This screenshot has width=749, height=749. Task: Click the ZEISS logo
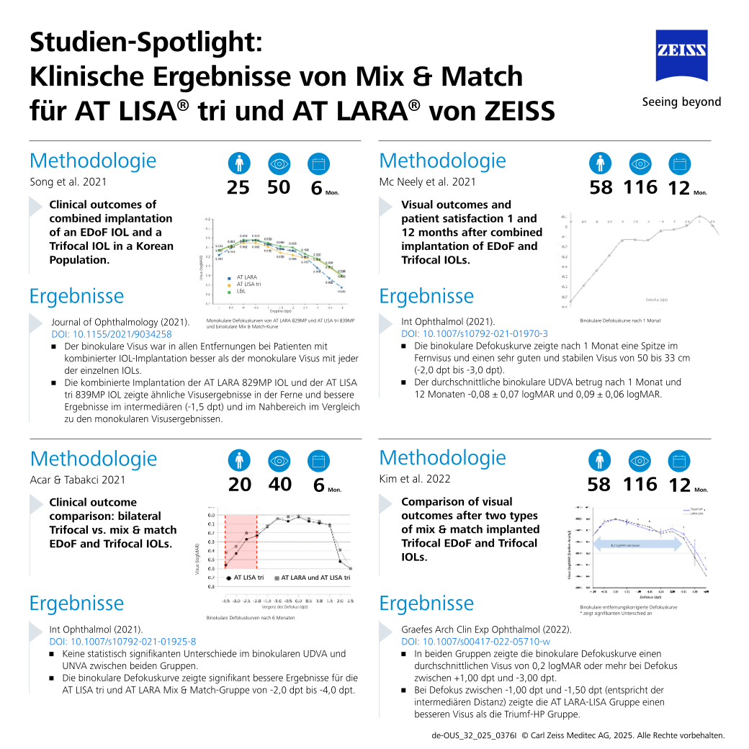pyautogui.click(x=681, y=56)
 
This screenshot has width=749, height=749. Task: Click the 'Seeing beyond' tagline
pyautogui.click(x=681, y=102)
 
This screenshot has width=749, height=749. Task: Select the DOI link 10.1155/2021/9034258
pyautogui.click(x=112, y=334)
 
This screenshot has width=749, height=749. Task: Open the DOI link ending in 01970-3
pyautogui.click(x=474, y=333)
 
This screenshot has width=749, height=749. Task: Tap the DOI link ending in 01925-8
pyautogui.click(x=122, y=641)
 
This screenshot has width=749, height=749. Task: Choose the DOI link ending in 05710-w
pyautogui.click(x=475, y=641)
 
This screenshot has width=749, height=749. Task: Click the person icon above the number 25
pyautogui.click(x=238, y=164)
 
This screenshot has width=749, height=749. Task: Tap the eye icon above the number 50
pyautogui.click(x=278, y=164)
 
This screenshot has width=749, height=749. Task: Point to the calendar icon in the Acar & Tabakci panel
pyautogui.click(x=318, y=461)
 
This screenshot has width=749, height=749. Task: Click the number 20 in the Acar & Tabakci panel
pyautogui.click(x=240, y=485)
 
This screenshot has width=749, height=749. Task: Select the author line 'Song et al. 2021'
pyautogui.click(x=66, y=182)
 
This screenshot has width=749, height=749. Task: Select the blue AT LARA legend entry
pyautogui.click(x=243, y=277)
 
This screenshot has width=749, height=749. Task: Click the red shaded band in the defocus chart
pyautogui.click(x=241, y=540)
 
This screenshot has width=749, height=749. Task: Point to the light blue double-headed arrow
pyautogui.click(x=637, y=545)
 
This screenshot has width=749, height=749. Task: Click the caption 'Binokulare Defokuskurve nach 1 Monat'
pyautogui.click(x=619, y=320)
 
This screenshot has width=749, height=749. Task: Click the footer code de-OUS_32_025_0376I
pyautogui.click(x=473, y=735)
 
